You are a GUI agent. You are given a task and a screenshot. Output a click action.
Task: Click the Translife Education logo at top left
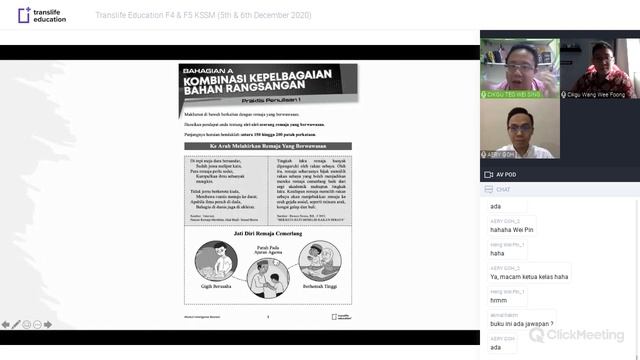39,17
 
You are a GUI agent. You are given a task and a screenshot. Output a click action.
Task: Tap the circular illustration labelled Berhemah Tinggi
320,262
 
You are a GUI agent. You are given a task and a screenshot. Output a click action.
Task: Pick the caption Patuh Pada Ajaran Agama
268,250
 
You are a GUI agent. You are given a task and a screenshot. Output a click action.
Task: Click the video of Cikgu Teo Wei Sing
519,69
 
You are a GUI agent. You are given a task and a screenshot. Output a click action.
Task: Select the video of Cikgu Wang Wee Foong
599,69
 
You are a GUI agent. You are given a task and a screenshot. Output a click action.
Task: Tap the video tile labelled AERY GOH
519,131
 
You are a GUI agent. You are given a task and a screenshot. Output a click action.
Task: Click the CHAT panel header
503,189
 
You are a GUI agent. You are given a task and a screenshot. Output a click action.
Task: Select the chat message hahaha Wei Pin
511,229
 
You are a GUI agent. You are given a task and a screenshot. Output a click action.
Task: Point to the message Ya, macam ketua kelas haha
528,276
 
